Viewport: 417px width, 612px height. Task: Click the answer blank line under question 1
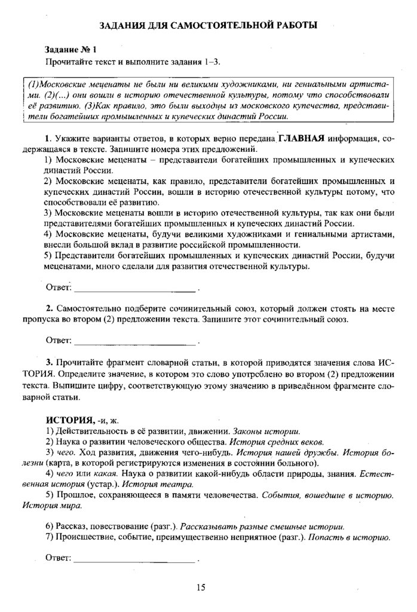[134, 290]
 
